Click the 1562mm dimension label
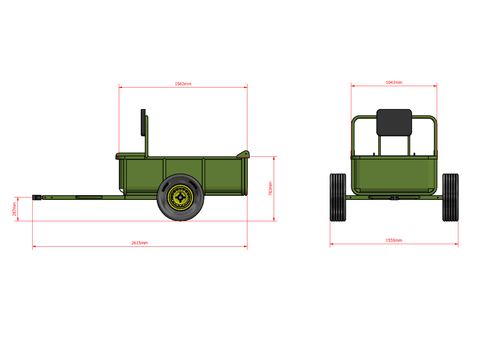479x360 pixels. [183, 84]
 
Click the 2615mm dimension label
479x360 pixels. [139, 243]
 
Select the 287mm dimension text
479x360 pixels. [14, 209]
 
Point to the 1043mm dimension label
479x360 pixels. [394, 82]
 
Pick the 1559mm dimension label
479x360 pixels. [394, 240]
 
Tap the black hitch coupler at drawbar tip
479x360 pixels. [36, 198]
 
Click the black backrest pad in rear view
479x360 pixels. [394, 123]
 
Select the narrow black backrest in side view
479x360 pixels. [143, 122]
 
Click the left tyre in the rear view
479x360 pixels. [338, 197]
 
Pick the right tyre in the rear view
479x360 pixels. [450, 197]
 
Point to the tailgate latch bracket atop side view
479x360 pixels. [243, 154]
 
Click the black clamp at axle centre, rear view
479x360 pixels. [394, 198]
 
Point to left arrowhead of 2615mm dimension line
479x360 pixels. [34, 246]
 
